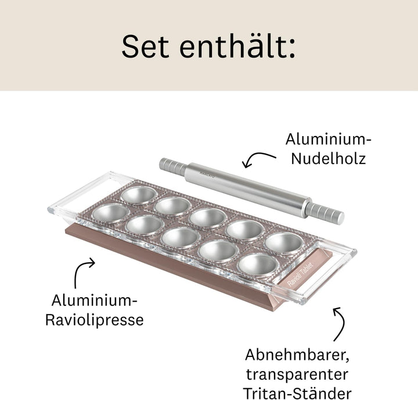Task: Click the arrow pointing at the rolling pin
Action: click(x=259, y=158)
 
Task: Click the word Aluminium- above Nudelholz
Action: click(x=328, y=140)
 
